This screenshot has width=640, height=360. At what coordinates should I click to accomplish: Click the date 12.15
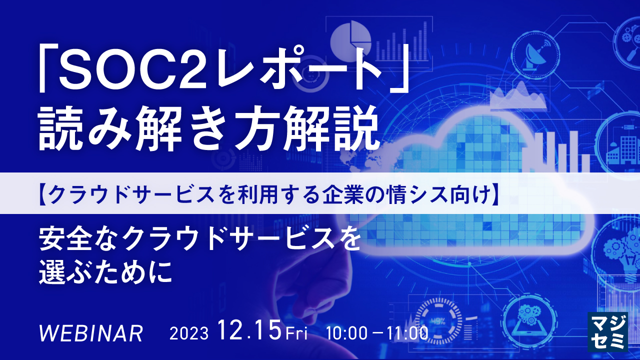250,331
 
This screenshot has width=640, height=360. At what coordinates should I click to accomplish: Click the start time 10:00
346,333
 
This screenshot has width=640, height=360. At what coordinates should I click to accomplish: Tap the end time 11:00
407,333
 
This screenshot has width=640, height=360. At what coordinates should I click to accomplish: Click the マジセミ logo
607,331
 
